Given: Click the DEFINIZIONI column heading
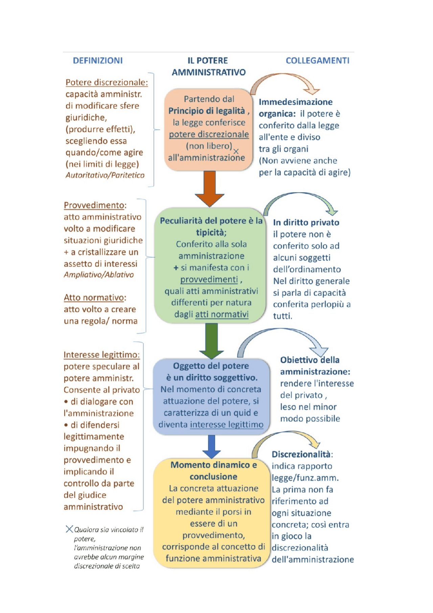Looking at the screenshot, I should coord(98,61).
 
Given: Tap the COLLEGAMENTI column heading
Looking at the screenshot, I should coord(317,61).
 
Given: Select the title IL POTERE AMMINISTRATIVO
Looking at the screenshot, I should coord(208,66).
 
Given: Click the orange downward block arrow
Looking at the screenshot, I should coord(210,188).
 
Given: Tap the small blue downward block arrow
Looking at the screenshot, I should coord(212,446).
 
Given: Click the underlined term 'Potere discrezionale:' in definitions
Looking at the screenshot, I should coord(107,82).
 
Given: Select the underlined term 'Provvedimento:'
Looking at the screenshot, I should coord(95,205).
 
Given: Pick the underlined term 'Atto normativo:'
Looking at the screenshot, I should coord(95,298).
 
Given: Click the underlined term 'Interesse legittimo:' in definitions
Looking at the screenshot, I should coord(101,355).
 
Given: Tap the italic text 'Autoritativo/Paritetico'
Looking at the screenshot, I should coord(105,175).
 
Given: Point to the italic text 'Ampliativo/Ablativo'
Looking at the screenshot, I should coord(99,275).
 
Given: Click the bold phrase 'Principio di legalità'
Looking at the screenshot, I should coord(207,111).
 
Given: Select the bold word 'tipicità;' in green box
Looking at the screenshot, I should coord(211,233).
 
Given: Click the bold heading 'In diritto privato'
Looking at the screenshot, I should coord(306,222).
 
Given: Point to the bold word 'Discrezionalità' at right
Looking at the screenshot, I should coord(301,454).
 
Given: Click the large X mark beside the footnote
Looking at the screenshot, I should coord(69,529).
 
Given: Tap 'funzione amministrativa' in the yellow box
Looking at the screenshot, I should coord(213,559).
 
